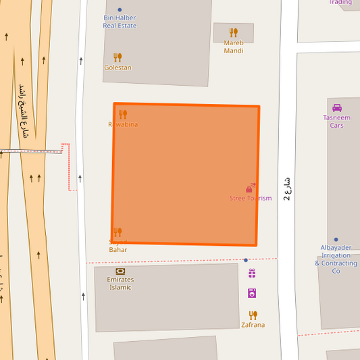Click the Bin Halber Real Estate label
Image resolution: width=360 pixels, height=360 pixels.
click(120, 22)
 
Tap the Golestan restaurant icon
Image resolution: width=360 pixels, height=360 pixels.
click(118, 57)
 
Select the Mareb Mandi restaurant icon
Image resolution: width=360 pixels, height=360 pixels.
click(234, 32)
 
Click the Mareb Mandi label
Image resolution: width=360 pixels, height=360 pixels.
click(234, 47)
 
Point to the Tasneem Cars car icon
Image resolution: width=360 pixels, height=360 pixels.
click(337, 107)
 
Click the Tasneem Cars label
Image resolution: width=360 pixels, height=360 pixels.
click(336, 122)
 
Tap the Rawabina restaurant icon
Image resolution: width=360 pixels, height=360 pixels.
click(122, 114)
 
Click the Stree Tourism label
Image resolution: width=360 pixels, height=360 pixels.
click(251, 198)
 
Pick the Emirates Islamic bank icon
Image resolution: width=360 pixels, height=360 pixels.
click(120, 270)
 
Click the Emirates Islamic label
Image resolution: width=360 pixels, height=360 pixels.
click(120, 283)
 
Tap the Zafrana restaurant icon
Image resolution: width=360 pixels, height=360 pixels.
click(253, 315)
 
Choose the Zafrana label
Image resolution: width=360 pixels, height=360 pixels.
click(253, 325)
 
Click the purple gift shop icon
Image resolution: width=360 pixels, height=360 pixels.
click(252, 274)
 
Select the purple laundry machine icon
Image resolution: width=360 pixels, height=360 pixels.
click(252, 293)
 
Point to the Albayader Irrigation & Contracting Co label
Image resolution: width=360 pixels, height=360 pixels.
click(336, 259)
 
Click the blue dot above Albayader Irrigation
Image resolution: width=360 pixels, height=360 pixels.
click(336, 239)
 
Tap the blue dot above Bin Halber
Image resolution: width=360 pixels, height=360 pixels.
click(120, 10)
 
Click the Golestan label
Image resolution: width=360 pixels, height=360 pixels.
click(118, 68)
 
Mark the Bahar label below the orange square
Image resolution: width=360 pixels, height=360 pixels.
click(118, 250)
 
